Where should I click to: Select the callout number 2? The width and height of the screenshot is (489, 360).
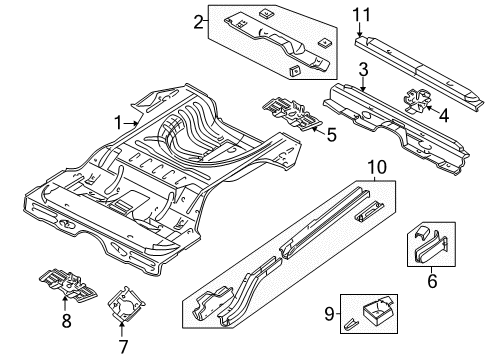tap(199, 20)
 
